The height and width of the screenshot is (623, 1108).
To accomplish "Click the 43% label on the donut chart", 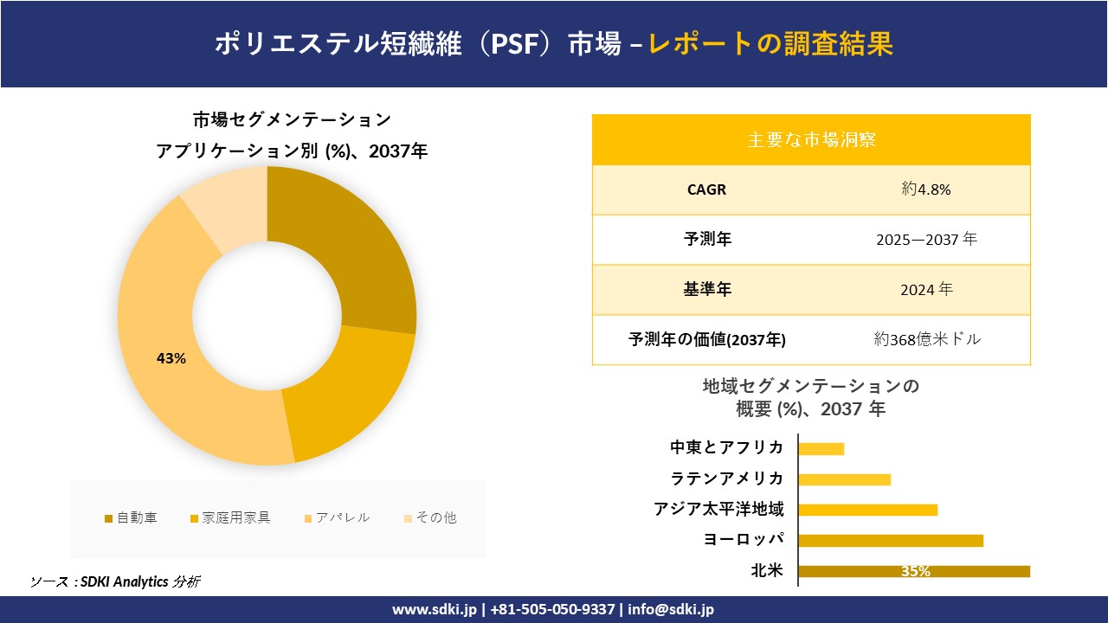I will pos(171,358).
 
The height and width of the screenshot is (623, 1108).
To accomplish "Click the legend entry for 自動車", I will pos(131,518).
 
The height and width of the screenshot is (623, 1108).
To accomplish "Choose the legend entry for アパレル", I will pos(337,518).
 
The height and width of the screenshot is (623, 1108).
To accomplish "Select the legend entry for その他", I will pos(429,518).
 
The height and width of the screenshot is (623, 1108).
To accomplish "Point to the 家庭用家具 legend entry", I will pos(230,518).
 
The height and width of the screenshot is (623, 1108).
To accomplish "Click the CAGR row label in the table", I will pos(706,189).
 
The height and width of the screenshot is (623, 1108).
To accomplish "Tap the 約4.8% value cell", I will pos(925,189).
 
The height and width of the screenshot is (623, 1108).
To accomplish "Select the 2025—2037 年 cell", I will pos(925,240).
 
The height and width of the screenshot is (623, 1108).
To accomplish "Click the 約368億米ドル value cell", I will pos(927,340).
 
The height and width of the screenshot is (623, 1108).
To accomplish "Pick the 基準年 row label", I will pos(706,290).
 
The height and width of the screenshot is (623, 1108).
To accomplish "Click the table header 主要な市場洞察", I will pos(811,139).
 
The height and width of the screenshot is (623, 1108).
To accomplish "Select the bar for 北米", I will pos(913,571).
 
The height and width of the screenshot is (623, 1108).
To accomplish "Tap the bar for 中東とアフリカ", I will pos(821,448).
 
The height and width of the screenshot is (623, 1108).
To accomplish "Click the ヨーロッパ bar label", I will pos(744,540).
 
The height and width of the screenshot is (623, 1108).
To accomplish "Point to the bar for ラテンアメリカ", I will pos(844,479).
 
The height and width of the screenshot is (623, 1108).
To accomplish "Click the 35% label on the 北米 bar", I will pos(915,571).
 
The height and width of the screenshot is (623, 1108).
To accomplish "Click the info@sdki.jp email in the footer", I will pos(671,609).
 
